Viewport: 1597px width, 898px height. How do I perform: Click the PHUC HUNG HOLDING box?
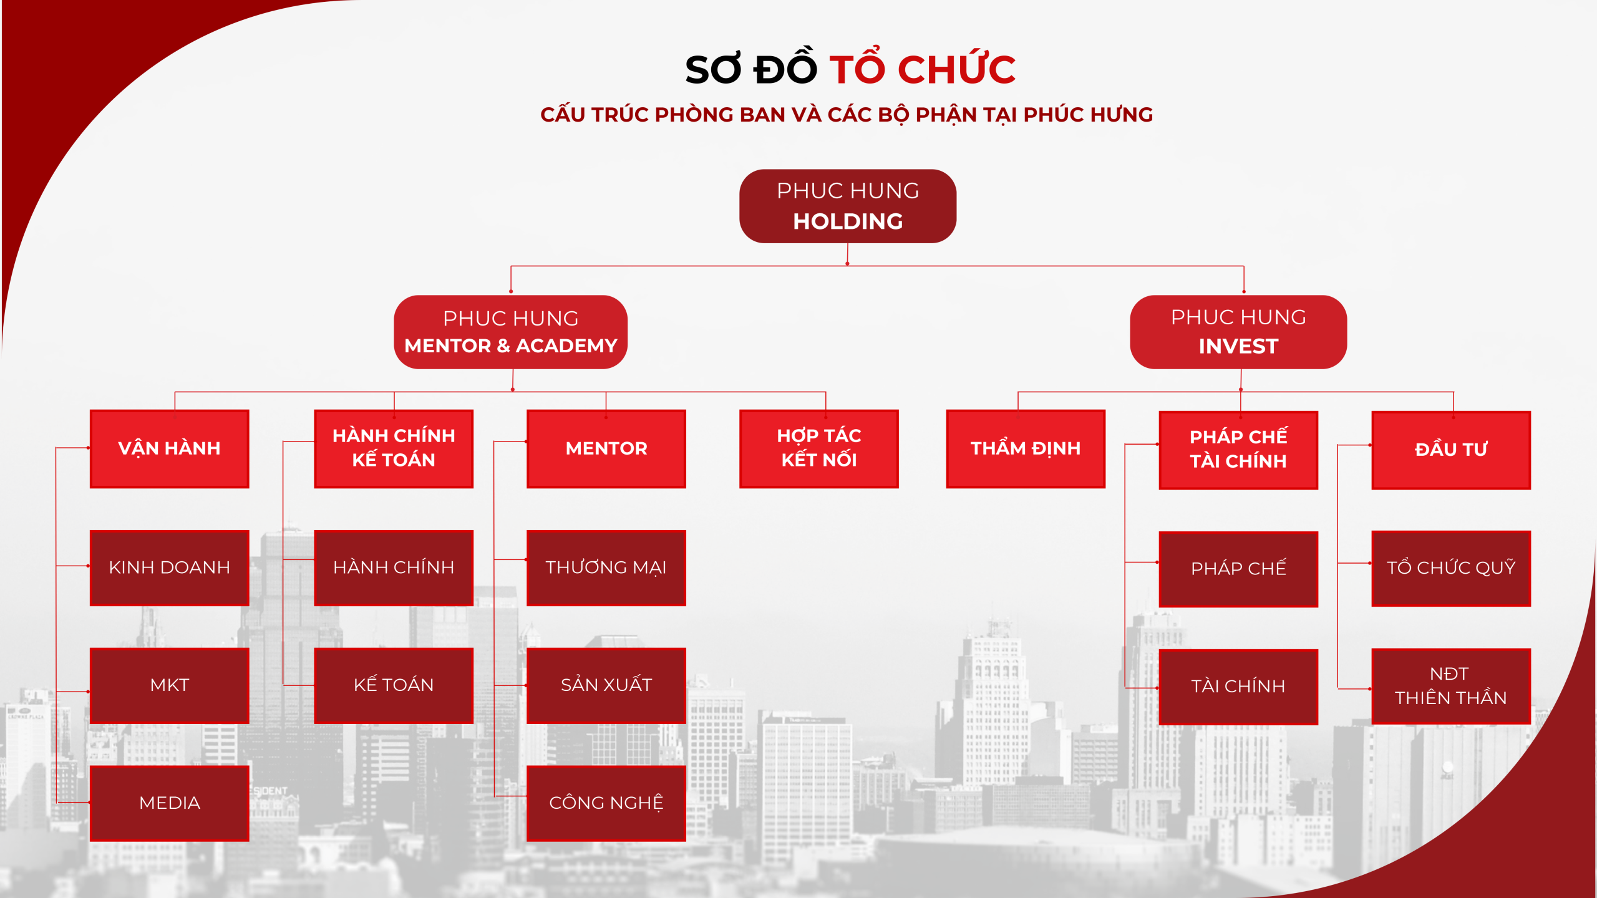pos(847,206)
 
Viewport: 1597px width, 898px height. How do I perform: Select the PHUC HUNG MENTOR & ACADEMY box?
pos(510,332)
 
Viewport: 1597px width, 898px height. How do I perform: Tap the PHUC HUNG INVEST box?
pos(1238,332)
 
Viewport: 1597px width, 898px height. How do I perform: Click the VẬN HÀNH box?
pos(169,448)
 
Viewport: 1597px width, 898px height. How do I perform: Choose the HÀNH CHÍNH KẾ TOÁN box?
pos(394,448)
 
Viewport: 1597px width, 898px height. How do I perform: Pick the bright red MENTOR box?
pos(606,448)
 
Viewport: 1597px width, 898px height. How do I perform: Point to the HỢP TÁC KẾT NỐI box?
pos(819,448)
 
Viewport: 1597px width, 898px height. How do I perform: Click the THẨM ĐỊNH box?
pos(1026,448)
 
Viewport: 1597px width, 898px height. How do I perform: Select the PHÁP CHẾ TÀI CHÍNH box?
pos(1238,450)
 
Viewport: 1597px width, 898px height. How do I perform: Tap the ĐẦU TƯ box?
pos(1451,450)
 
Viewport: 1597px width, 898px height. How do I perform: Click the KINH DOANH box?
pos(169,567)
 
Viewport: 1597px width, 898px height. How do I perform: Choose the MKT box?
pos(169,685)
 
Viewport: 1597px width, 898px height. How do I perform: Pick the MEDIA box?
pos(169,803)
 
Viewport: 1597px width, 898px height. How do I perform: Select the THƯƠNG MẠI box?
pos(606,567)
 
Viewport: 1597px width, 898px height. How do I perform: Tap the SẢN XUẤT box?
pos(606,685)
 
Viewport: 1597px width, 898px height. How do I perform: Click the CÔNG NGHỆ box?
pos(606,803)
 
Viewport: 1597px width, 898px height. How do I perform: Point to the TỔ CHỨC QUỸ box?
pos(1451,568)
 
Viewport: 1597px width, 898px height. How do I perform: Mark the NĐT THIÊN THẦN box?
pos(1451,686)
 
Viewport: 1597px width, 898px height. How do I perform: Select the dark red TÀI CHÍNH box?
pos(1238,687)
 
